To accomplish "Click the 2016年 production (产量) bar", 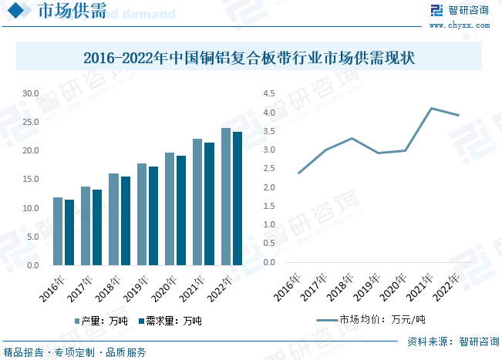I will (x=58, y=231).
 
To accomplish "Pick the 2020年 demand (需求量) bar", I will (x=181, y=210).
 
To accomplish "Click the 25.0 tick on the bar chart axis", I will (x=31, y=122).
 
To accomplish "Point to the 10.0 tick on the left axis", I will (x=31, y=208).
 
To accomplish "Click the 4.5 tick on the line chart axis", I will (x=269, y=93).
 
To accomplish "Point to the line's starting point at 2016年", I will (x=298, y=173).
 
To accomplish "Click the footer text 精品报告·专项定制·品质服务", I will (x=75, y=352).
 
